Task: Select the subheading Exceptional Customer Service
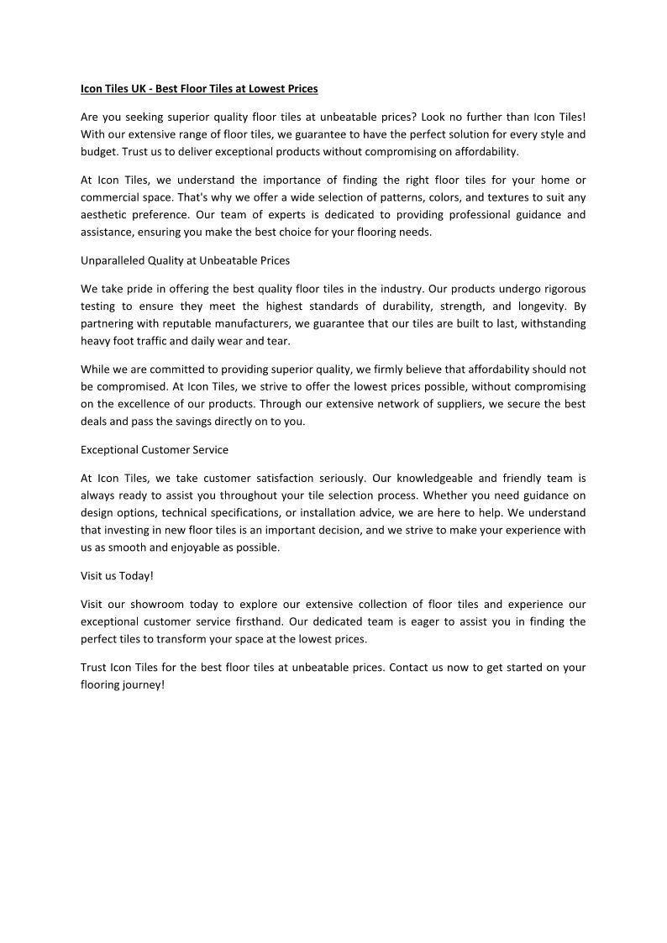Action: point(155,450)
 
